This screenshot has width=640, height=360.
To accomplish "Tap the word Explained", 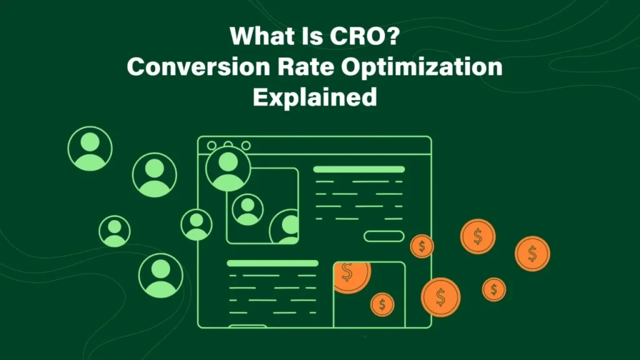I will point(314,97).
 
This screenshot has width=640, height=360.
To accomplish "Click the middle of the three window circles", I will point(228,146).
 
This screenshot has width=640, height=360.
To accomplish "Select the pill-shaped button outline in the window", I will point(384,236).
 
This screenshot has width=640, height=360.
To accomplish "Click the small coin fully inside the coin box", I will point(382,305).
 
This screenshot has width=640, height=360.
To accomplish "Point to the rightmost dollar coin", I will point(532,253).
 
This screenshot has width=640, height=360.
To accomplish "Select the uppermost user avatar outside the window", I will point(90,149).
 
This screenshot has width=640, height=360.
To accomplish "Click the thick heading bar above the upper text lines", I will point(358,169).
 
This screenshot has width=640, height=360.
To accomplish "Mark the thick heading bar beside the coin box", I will point(272,263).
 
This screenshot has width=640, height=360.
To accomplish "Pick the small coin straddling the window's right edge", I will point(422,246).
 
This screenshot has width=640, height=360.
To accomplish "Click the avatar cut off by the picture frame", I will point(287,227).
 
